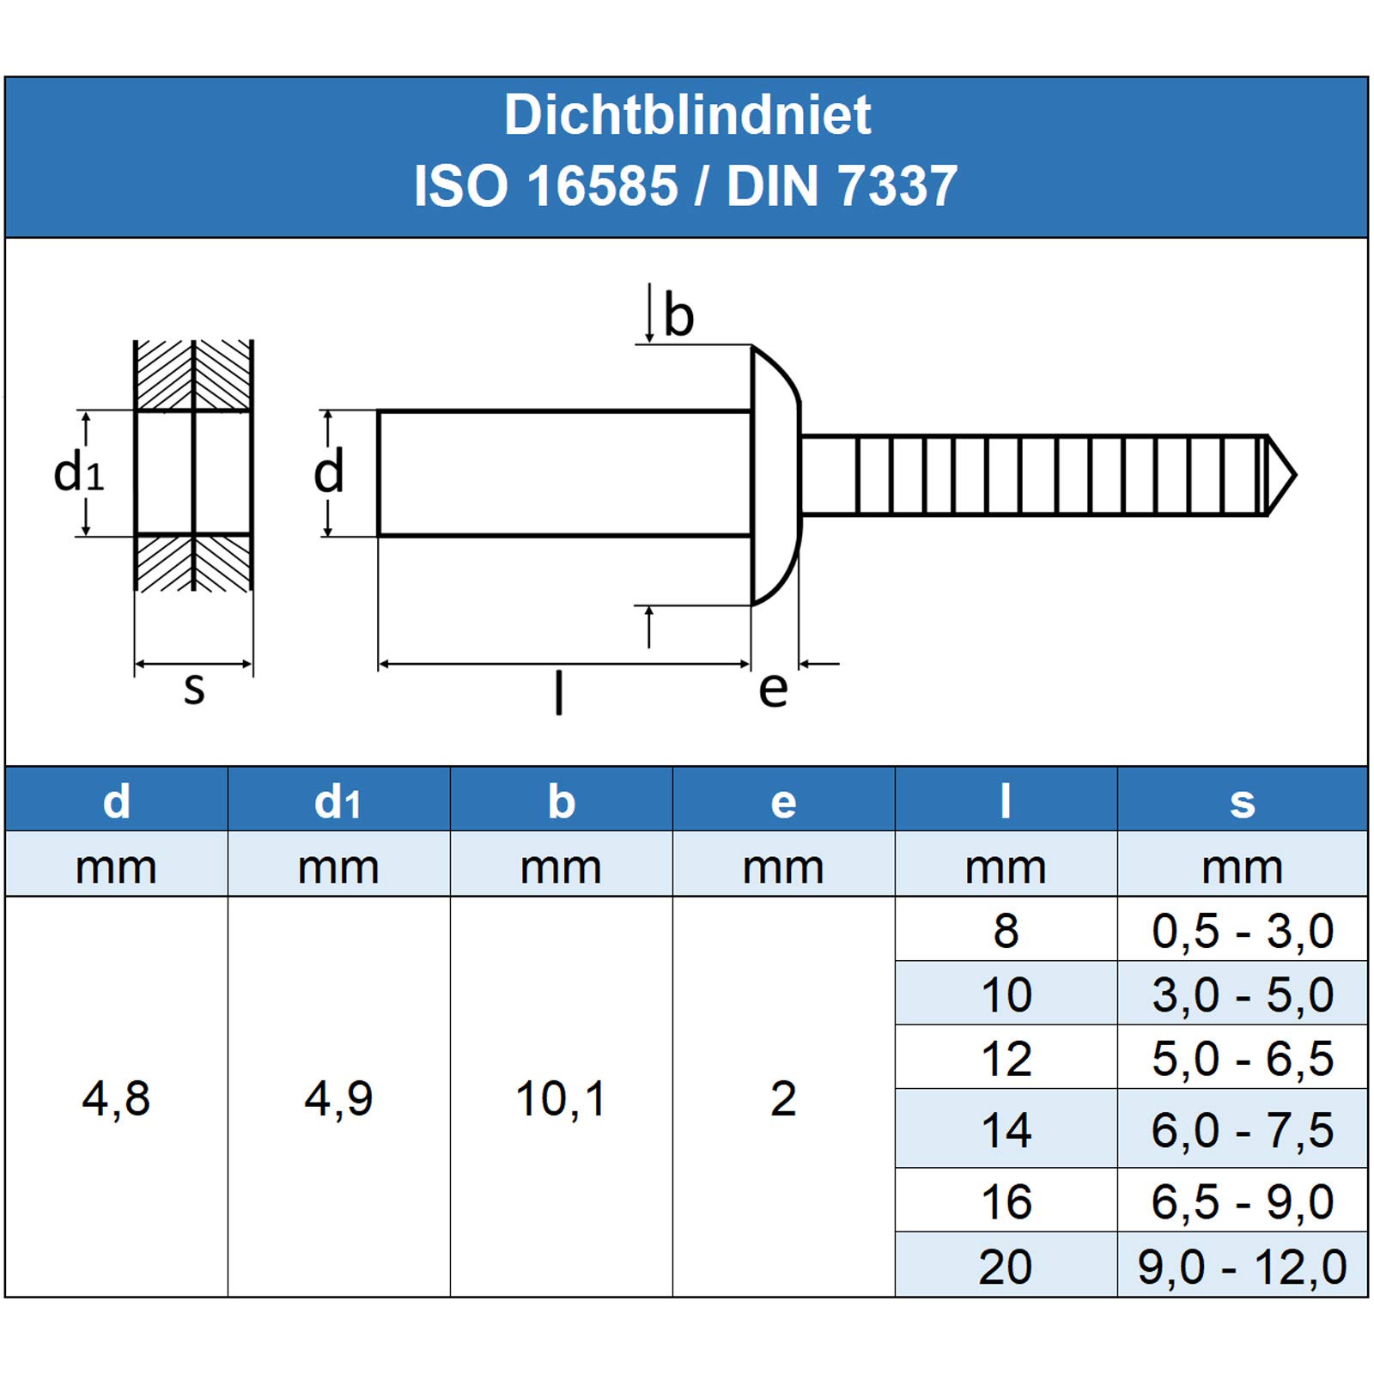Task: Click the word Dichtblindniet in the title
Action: coord(687,115)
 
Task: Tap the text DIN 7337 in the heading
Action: coord(842,185)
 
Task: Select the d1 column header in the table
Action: coord(338,801)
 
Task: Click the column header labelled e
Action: coord(783,802)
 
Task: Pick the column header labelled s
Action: coord(1242,802)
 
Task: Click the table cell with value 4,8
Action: coord(116,1098)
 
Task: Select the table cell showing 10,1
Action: coord(561,1098)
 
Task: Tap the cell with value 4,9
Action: coord(338,1098)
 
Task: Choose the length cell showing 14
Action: coord(1006,1130)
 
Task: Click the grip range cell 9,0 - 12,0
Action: coord(1242,1267)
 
